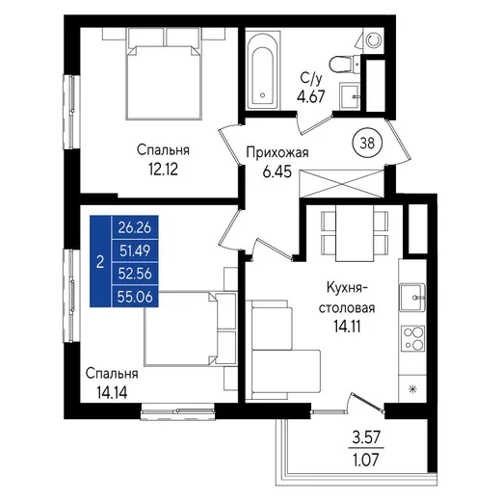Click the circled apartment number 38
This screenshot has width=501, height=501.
pyautogui.click(x=367, y=143)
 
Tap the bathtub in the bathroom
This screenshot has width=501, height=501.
pyautogui.click(x=263, y=70)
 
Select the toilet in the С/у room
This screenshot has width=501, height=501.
pyautogui.click(x=344, y=65)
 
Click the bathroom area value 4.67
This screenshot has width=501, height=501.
pyautogui.click(x=311, y=96)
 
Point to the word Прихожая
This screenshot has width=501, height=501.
pyautogui.click(x=277, y=153)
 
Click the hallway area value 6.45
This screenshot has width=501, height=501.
pyautogui.click(x=277, y=171)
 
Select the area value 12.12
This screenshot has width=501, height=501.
pyautogui.click(x=163, y=170)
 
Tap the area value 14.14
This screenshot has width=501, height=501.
pyautogui.click(x=112, y=392)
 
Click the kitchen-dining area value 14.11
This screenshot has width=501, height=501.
pyautogui.click(x=347, y=327)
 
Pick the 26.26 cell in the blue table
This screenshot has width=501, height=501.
pyautogui.click(x=135, y=227)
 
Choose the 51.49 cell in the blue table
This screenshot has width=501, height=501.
pyautogui.click(x=135, y=250)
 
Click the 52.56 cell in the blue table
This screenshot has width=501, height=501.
pyautogui.click(x=135, y=274)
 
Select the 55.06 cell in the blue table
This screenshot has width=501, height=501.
pyautogui.click(x=135, y=297)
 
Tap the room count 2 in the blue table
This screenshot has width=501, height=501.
pyautogui.click(x=100, y=262)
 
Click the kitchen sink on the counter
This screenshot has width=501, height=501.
pyautogui.click(x=412, y=298)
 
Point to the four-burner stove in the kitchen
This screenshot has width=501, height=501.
pyautogui.click(x=413, y=338)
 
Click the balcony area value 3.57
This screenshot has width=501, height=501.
pyautogui.click(x=366, y=437)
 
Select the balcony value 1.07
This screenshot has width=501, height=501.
pyautogui.click(x=366, y=460)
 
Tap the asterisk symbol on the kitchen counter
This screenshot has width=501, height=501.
pyautogui.click(x=412, y=389)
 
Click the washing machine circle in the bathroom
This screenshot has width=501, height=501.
pyautogui.click(x=373, y=40)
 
